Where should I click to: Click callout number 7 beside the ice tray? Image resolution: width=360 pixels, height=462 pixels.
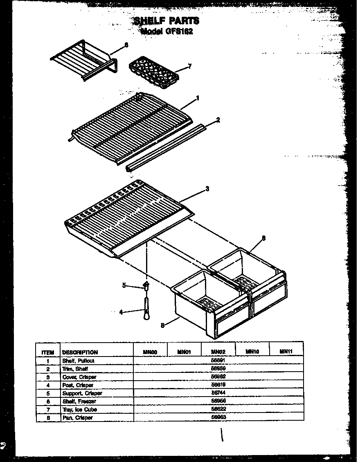[189, 66]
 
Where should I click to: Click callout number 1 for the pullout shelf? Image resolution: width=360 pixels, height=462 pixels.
[198, 98]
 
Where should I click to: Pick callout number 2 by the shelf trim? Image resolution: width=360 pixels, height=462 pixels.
[218, 120]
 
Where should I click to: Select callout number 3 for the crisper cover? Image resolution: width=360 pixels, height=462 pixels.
[207, 188]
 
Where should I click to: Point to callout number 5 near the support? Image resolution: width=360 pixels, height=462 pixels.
[124, 285]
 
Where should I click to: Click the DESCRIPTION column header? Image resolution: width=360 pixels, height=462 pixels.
[80, 352]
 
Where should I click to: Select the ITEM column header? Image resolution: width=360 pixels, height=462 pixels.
[48, 352]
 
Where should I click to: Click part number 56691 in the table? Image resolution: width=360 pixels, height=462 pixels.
[218, 361]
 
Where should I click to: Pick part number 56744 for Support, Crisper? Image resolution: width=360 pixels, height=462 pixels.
[218, 393]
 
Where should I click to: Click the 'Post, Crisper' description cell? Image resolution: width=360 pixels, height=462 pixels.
[78, 385]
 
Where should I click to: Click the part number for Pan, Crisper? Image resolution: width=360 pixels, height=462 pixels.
[218, 417]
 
